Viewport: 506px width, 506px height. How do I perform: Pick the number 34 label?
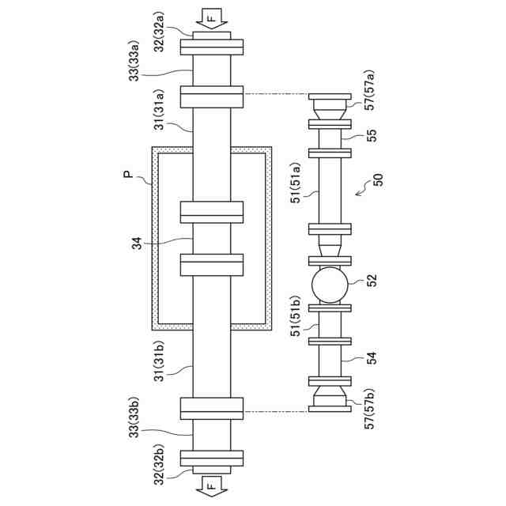coord(139,240)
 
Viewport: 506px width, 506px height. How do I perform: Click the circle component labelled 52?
coord(330,285)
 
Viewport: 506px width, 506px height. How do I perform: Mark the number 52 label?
coord(372,281)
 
